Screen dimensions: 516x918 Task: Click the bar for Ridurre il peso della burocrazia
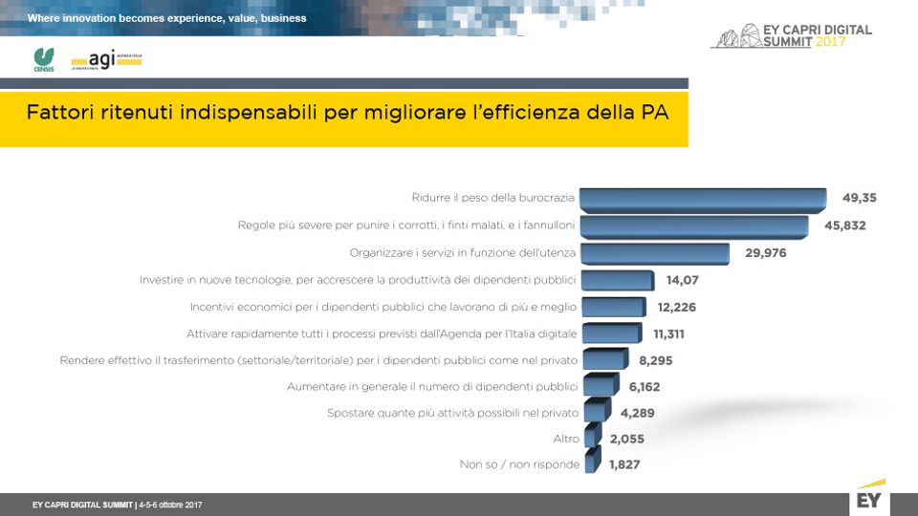tap(703, 199)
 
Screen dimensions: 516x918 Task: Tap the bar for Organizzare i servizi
tap(655, 253)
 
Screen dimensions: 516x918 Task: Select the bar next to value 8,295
tap(603, 360)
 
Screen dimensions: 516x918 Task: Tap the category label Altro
tap(566, 439)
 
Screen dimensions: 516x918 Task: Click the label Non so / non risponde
tap(518, 465)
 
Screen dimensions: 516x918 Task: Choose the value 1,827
tap(624, 465)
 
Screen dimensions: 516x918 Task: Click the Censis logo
tap(44, 59)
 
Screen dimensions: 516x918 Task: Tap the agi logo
tap(105, 60)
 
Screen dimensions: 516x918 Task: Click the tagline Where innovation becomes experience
tap(166, 18)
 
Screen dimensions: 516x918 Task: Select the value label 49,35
tap(859, 199)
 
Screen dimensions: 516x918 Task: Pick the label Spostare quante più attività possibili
tap(452, 413)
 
